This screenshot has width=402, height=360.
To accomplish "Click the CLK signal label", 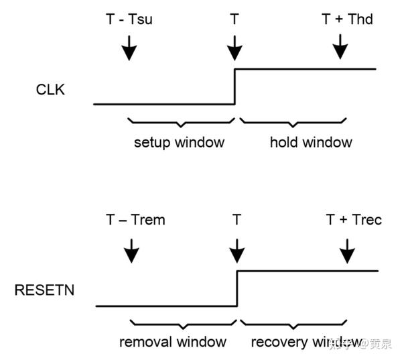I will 50,88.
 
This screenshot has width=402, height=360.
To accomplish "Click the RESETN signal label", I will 46,290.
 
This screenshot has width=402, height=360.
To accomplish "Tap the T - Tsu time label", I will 129,19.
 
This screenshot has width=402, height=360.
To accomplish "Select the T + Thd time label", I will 347,19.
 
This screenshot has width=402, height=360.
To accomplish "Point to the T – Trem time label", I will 135,219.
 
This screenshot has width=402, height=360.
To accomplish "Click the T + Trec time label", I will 354,219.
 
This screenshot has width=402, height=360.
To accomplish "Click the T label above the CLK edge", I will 234,19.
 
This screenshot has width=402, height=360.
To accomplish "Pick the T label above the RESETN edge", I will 237,219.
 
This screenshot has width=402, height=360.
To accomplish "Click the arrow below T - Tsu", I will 129,47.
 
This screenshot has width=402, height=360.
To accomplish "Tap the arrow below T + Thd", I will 340,47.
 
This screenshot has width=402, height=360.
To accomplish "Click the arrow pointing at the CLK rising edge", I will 234,47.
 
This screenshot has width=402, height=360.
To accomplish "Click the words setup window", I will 179,142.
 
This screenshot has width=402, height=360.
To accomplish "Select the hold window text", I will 311,142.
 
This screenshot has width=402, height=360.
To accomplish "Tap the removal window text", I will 173,342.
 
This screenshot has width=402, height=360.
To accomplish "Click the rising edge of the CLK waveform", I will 234,86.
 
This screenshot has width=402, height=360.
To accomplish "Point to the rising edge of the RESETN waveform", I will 237,288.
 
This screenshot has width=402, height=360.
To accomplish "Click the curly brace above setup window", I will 180,123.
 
